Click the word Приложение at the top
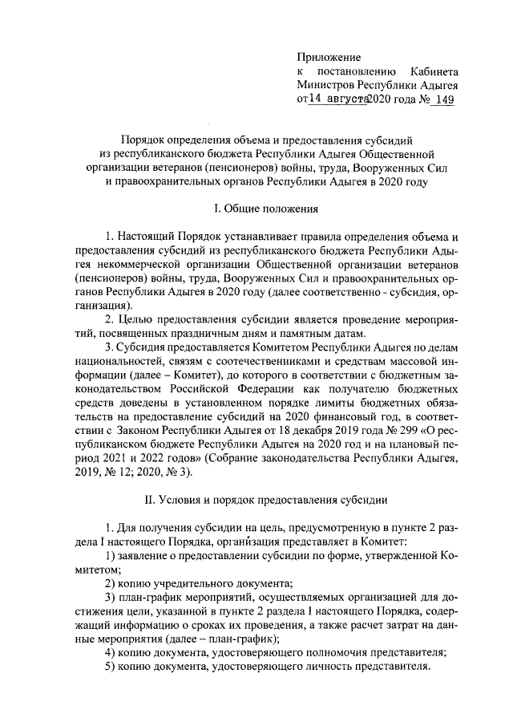pyautogui.click(x=329, y=57)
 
